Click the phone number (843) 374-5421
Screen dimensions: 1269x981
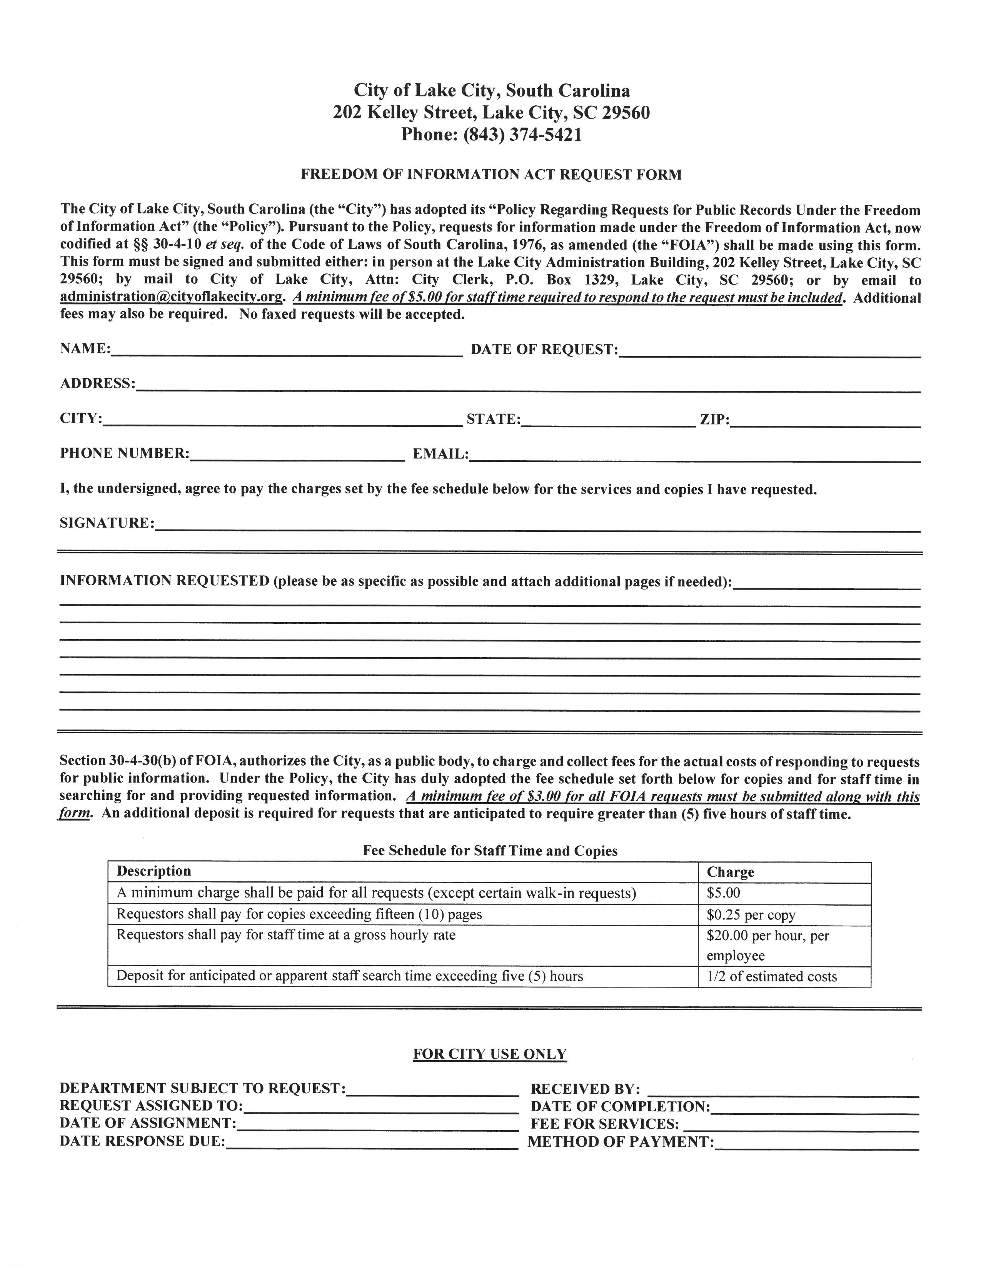pos(522,135)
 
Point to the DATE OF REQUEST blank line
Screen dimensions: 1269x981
pos(769,350)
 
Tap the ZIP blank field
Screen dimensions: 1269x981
pos(825,420)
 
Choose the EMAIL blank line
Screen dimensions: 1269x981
pos(694,455)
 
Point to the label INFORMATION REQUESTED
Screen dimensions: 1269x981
pos(165,581)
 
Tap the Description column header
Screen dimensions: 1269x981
pos(154,871)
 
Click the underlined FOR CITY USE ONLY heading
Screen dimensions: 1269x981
pos(490,1054)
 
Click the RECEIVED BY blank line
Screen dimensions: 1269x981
pos(783,1089)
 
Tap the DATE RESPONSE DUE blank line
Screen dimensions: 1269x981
pos(371,1142)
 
